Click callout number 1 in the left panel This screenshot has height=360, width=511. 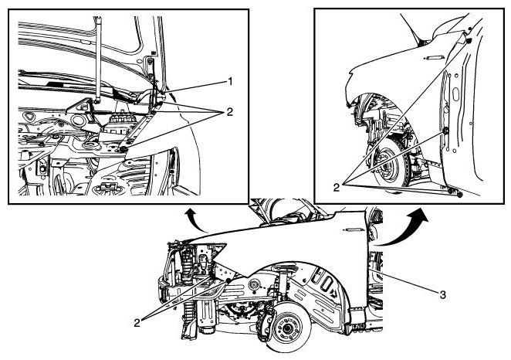pos(230,81)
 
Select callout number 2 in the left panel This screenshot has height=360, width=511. pos(230,112)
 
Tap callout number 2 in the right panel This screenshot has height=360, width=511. pos(337,187)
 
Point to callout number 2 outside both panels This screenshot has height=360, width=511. pos(137,323)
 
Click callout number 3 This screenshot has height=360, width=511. pos(442,295)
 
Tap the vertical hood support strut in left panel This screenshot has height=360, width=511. pos(98,59)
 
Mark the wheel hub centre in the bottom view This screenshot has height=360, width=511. pos(287,328)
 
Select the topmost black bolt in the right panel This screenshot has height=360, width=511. pos(469,41)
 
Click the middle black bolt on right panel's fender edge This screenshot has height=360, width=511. pos(446,131)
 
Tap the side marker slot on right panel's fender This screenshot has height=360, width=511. pos(434,58)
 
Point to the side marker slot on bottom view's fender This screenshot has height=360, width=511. pos(352,230)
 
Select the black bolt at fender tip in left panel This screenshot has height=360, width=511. pos(124,149)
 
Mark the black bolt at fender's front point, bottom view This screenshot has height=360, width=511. pos(228,280)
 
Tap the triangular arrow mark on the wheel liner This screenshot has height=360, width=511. pos(334,293)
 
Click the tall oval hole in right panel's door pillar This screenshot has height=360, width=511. pos(455,94)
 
